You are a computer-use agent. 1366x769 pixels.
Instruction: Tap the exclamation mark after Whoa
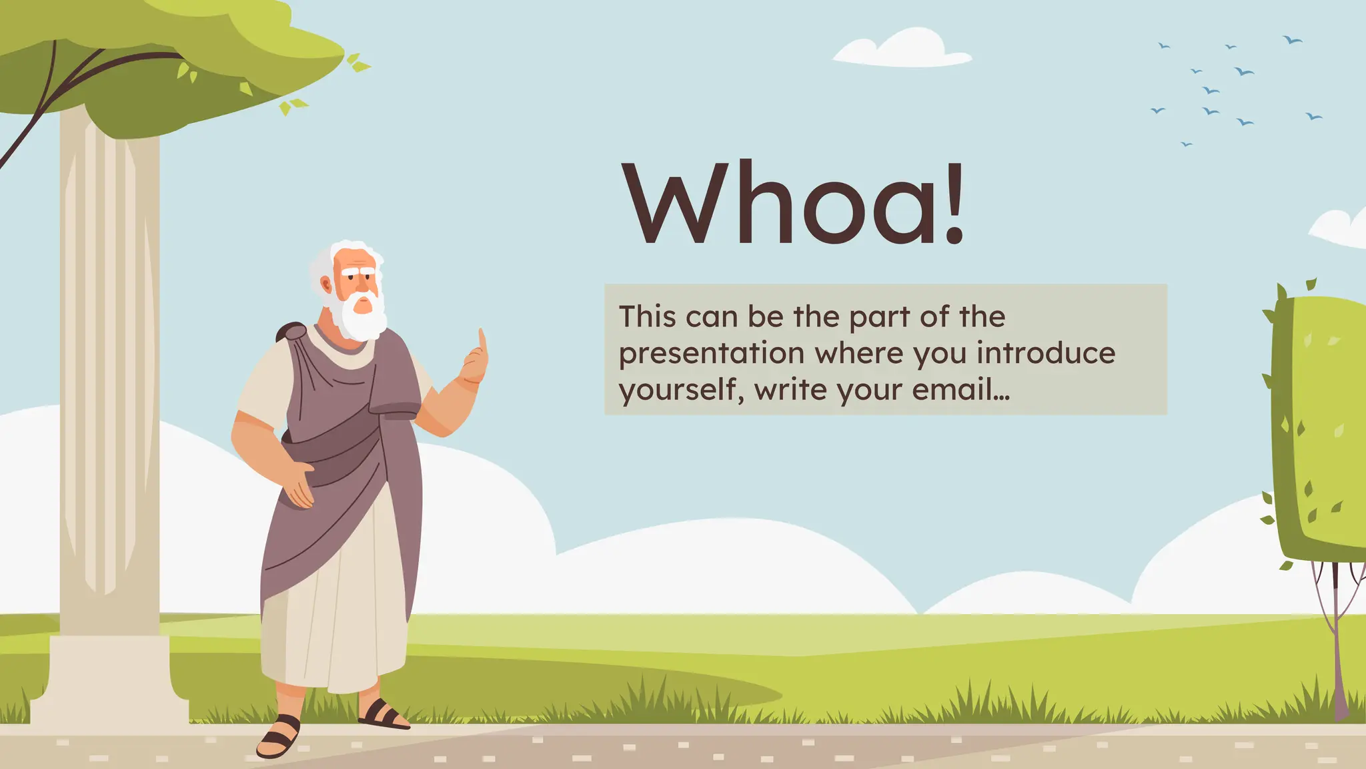(x=954, y=204)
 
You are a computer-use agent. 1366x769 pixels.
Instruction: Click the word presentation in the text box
(x=711, y=353)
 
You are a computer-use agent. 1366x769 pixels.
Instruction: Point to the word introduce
(x=1046, y=353)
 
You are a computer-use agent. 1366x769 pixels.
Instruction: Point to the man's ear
(x=326, y=285)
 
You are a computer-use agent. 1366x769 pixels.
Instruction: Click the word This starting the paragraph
(x=646, y=316)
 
